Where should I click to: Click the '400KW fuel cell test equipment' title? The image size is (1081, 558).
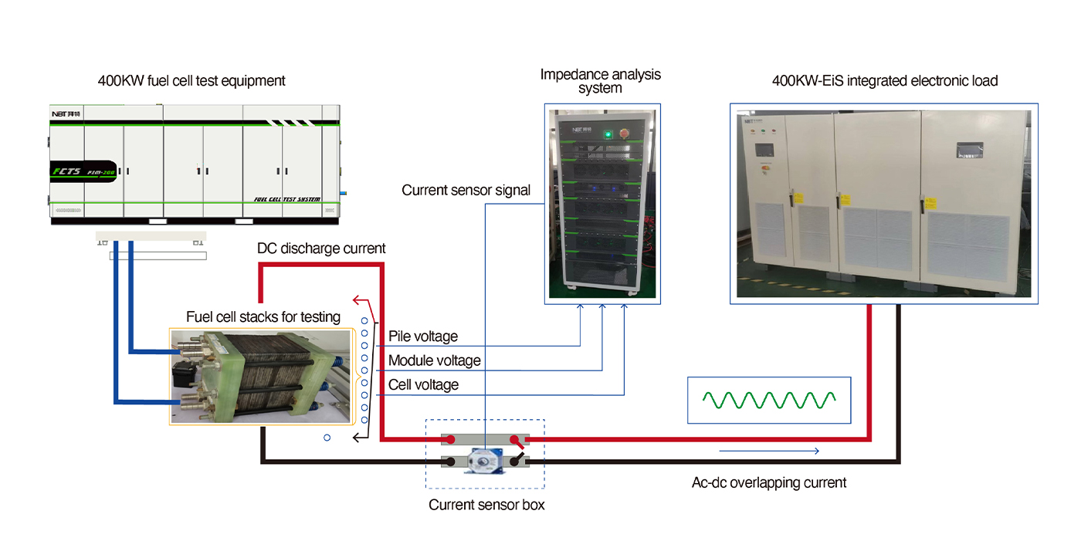point(191,80)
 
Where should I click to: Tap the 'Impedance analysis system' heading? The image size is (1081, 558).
point(600,81)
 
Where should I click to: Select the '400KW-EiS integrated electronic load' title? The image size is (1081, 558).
point(885,80)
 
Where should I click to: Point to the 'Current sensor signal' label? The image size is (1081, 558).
point(466,190)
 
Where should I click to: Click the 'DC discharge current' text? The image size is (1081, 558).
point(321,249)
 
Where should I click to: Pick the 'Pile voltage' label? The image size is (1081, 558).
point(423,336)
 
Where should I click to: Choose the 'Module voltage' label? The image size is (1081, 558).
point(434,360)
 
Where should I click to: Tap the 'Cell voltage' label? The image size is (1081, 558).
point(423,384)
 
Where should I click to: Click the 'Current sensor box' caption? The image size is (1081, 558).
point(486,505)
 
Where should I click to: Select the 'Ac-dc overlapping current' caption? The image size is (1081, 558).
point(769,483)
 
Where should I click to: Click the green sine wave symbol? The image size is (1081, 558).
point(769,400)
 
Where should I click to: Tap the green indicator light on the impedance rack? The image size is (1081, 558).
point(608,134)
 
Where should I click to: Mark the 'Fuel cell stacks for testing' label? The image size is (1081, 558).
point(263,317)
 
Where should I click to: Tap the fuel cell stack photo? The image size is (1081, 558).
point(263,376)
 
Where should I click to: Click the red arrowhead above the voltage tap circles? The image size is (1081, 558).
point(357,299)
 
